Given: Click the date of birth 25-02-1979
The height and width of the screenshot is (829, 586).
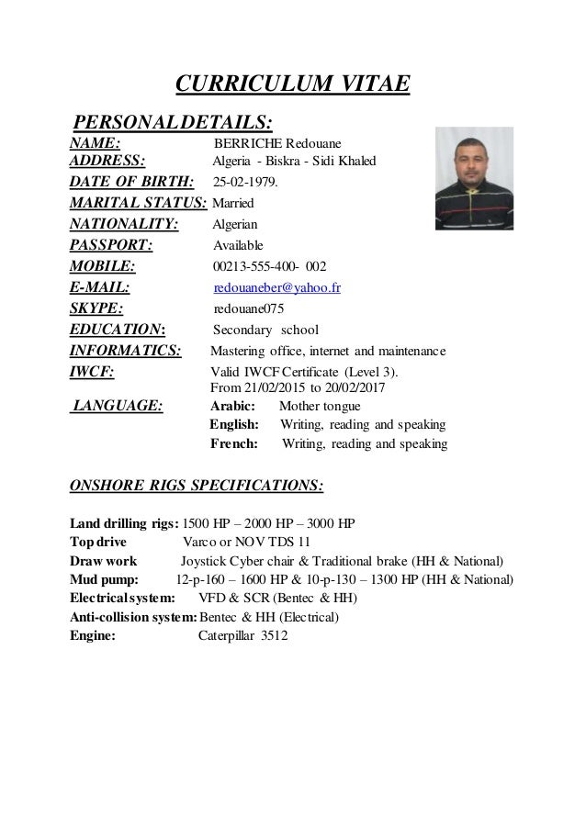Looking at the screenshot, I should [x=243, y=181].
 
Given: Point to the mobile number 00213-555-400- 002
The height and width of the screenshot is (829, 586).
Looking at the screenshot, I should [x=269, y=266].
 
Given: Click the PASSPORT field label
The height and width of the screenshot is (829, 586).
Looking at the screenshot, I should [x=111, y=244].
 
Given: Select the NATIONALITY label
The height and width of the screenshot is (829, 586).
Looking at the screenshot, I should [x=124, y=223].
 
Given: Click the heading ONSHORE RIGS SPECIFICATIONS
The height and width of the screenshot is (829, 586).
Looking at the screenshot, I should [x=197, y=484].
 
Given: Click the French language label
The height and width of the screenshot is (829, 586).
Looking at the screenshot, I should [x=233, y=444].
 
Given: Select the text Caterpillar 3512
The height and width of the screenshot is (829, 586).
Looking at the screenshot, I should [x=242, y=639].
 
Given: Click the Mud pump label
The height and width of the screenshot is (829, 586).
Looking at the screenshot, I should [x=106, y=580].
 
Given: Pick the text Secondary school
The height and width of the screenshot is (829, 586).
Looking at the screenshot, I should [x=265, y=330].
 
